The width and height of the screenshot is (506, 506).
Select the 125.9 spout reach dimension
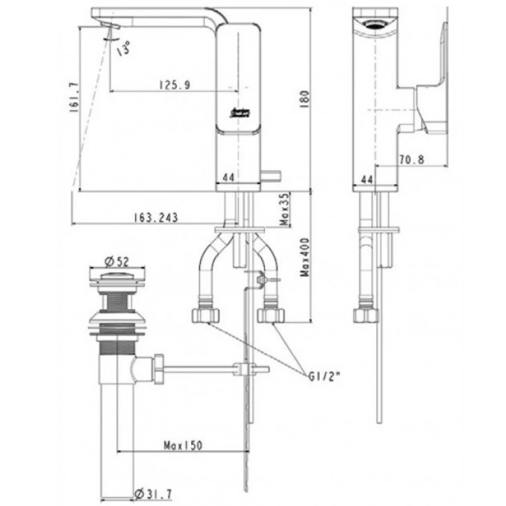[x=172, y=84]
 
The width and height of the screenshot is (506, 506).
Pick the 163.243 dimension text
[x=156, y=217]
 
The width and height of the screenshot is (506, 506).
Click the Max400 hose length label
[x=305, y=258]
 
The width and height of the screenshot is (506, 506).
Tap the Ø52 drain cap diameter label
[x=116, y=262]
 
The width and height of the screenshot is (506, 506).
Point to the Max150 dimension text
[x=183, y=445]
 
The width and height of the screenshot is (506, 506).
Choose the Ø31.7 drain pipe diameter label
[x=153, y=495]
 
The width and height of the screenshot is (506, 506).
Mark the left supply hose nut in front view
[x=205, y=315]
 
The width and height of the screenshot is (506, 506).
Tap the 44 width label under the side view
[x=367, y=179]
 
